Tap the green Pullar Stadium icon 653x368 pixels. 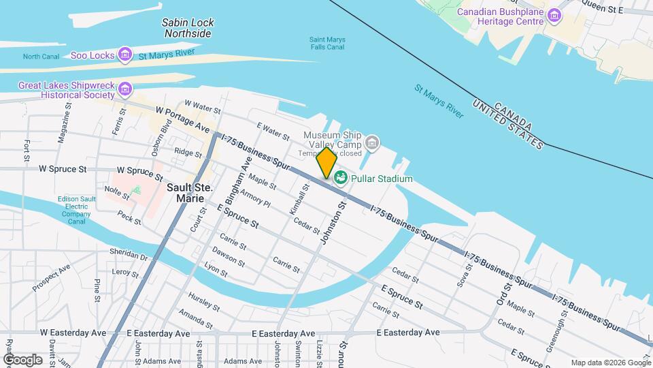pyautogui.click(x=340, y=179)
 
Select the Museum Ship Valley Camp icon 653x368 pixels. pyautogui.click(x=371, y=142)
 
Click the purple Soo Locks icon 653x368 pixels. pyautogui.click(x=124, y=55)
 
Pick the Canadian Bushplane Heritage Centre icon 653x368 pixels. pyautogui.click(x=555, y=16)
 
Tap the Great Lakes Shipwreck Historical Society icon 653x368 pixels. pyautogui.click(x=124, y=89)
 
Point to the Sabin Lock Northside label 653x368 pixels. pyautogui.click(x=188, y=27)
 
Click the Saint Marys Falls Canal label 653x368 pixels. pyautogui.click(x=327, y=44)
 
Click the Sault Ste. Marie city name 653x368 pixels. pyautogui.click(x=185, y=192)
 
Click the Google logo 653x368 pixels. pyautogui.click(x=23, y=359)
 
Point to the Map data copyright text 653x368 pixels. pyautogui.click(x=609, y=363)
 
